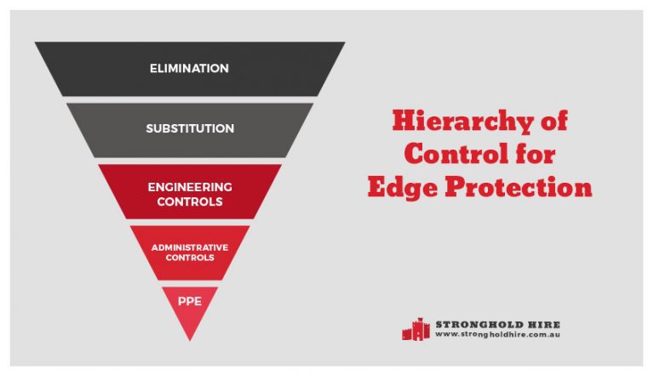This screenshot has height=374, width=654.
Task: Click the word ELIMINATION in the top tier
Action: point(190,68)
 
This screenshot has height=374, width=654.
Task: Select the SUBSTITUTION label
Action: point(190,129)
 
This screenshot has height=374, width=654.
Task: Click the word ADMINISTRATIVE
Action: point(190,246)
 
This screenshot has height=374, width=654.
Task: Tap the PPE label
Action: point(190,300)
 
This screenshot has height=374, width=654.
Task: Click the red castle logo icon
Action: point(416,328)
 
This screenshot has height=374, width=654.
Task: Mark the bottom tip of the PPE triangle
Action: point(190,339)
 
